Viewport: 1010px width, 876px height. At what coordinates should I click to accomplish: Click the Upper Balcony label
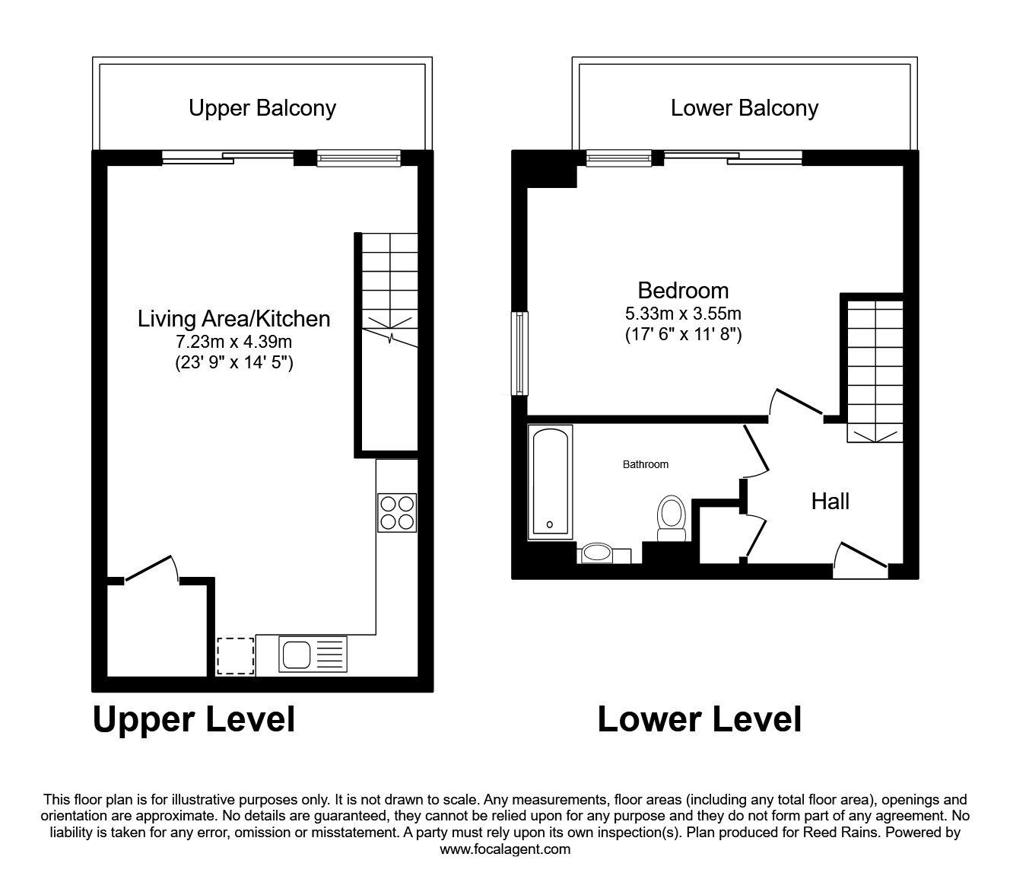click(262, 109)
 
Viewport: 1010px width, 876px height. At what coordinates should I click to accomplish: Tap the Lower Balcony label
click(744, 109)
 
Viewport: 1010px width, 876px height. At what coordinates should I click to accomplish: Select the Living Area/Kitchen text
click(234, 319)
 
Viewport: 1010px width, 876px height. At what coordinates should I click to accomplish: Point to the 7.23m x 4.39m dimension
click(234, 341)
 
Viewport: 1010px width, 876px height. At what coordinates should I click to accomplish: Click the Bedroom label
click(683, 291)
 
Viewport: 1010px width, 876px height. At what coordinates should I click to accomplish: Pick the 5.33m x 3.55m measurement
click(683, 313)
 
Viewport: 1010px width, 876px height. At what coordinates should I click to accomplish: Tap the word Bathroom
click(646, 464)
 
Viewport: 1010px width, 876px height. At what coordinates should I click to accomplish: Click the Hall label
click(831, 502)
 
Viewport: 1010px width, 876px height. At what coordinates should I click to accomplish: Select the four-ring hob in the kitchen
click(397, 513)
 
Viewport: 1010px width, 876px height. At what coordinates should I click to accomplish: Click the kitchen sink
click(313, 654)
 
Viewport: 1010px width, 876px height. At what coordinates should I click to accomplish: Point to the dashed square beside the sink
click(236, 656)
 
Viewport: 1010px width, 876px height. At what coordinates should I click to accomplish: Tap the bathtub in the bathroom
click(550, 483)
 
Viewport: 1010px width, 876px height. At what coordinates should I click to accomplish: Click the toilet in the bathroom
click(672, 518)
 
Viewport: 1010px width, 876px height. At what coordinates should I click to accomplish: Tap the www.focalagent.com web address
click(505, 849)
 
